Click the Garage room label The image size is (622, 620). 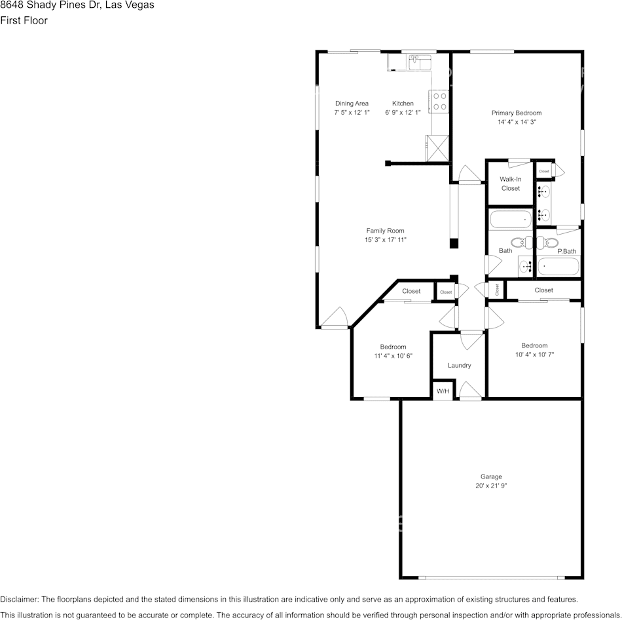coord(491,476)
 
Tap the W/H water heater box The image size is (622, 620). coord(443,391)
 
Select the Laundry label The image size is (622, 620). coord(460,365)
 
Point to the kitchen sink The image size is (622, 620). coord(420,62)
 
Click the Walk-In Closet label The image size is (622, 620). coord(511,184)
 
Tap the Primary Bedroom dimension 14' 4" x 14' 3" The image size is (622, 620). coord(517,122)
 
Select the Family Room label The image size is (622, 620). coord(385,230)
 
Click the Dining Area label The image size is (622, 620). coord(352,104)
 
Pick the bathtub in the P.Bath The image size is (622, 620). coord(558,265)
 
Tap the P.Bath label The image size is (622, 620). coord(567,251)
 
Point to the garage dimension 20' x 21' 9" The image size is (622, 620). coord(491,486)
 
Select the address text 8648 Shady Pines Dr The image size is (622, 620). coord(50,5)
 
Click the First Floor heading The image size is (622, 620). coord(24,20)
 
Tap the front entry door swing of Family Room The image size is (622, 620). coord(335,317)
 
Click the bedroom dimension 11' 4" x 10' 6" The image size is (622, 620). coord(393,356)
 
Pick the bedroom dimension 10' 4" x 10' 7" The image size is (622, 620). coord(534,355)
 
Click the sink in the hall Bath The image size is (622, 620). coord(526,266)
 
